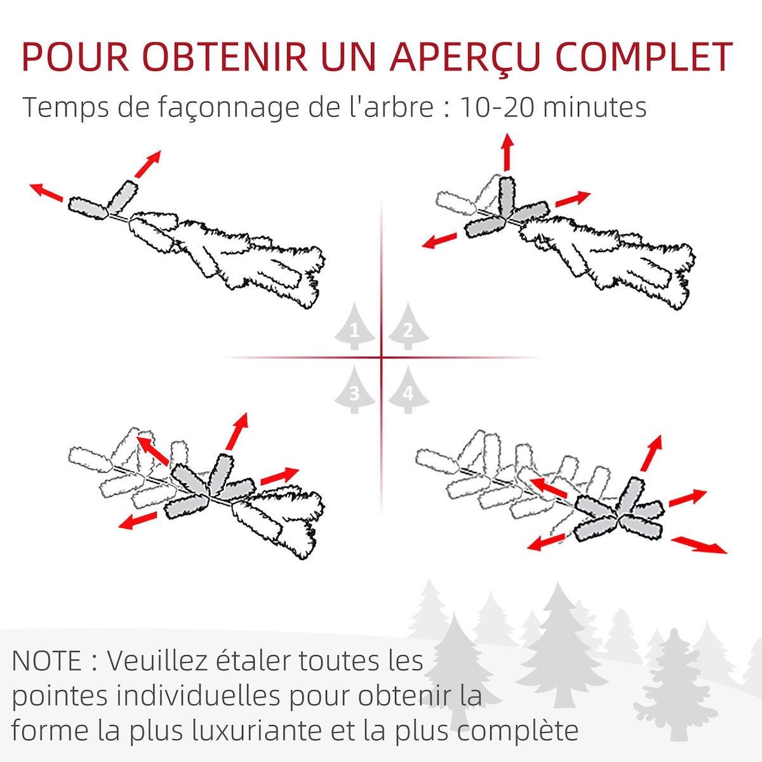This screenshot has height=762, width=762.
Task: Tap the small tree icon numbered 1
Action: point(354,328)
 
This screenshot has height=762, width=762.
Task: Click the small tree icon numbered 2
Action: point(408,328)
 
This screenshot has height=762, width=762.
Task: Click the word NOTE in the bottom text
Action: point(46,661)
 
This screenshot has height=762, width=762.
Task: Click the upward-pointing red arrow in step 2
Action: point(507,152)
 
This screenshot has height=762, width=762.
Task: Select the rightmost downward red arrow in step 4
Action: point(699,545)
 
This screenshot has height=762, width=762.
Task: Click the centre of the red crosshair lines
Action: point(382,358)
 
